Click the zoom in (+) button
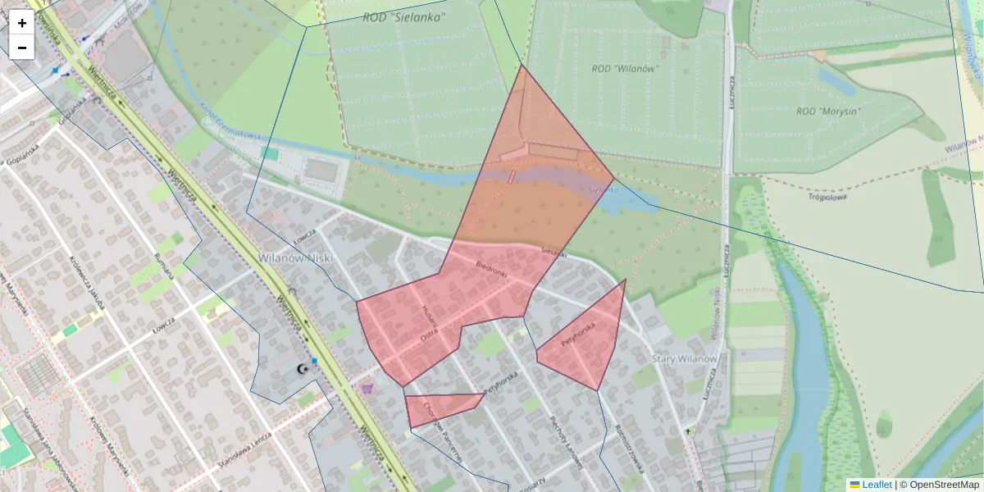click(22, 23)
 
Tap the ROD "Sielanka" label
click(404, 16)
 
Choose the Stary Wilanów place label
click(685, 359)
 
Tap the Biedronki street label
click(492, 270)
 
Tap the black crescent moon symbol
click(303, 370)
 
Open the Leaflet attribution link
click(876, 485)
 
